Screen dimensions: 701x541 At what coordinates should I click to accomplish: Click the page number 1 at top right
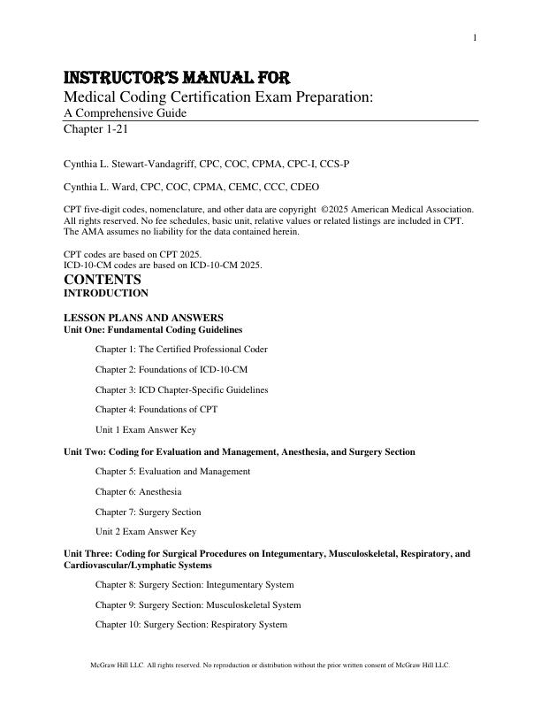pyautogui.click(x=475, y=37)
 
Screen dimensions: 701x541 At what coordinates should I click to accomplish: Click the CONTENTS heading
pyautogui.click(x=103, y=280)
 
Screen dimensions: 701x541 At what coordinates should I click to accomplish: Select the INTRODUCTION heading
pyautogui.click(x=106, y=293)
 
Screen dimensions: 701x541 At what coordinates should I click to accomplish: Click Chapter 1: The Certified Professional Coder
pyautogui.click(x=181, y=349)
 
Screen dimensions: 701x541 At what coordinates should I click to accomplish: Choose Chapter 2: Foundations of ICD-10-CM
pyautogui.click(x=171, y=369)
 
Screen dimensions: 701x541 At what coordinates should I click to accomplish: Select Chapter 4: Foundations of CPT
pyautogui.click(x=156, y=410)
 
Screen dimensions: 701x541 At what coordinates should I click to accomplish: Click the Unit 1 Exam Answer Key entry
pyautogui.click(x=146, y=430)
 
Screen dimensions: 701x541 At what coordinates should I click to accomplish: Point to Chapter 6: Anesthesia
pyautogui.click(x=139, y=491)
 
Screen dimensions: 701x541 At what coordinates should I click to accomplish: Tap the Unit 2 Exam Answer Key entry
pyautogui.click(x=146, y=532)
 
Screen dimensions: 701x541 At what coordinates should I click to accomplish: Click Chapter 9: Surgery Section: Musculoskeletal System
pyautogui.click(x=198, y=605)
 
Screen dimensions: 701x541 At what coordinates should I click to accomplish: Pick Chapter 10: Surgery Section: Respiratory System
pyautogui.click(x=191, y=625)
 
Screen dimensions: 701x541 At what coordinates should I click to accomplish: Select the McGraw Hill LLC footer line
pyautogui.click(x=270, y=665)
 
